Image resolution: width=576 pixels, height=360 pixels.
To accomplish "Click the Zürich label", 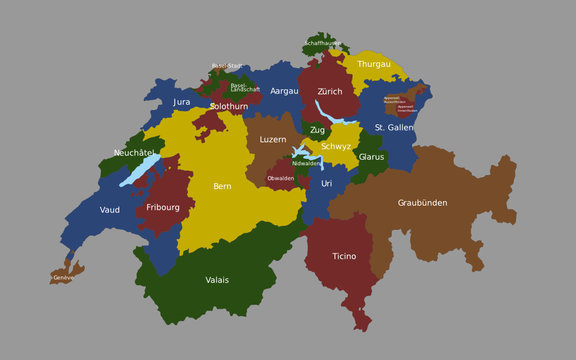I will [x=330, y=91].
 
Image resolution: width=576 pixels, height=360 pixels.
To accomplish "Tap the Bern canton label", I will [x=222, y=186].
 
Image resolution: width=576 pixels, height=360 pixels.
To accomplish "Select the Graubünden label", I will [x=422, y=203].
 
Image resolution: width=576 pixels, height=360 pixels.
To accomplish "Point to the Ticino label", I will [x=344, y=257].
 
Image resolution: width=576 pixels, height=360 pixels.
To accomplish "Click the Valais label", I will [x=217, y=280].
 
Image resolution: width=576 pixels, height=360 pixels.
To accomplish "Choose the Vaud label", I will [x=110, y=210].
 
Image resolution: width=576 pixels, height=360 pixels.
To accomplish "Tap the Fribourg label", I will [x=162, y=207].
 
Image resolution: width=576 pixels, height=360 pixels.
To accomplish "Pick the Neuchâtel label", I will [x=134, y=153].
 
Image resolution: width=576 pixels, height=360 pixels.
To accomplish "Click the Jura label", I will [x=181, y=102].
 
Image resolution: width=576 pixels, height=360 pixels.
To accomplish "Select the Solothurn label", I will [x=229, y=106].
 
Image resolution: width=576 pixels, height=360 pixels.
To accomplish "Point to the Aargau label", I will [x=284, y=91].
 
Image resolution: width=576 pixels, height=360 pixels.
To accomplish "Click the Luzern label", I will [x=272, y=140].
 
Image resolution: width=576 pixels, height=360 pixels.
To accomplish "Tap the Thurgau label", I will [x=374, y=64].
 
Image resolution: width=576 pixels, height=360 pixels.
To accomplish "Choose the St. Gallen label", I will [x=394, y=128].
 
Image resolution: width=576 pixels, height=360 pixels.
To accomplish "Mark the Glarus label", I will [x=371, y=157].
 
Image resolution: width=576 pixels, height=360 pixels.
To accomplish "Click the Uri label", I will [x=326, y=184].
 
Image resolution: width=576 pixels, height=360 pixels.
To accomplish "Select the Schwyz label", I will [x=336, y=147].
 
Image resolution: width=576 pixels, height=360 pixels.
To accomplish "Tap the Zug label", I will [x=317, y=130].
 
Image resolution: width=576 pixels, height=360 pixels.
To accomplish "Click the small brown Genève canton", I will [x=65, y=275].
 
